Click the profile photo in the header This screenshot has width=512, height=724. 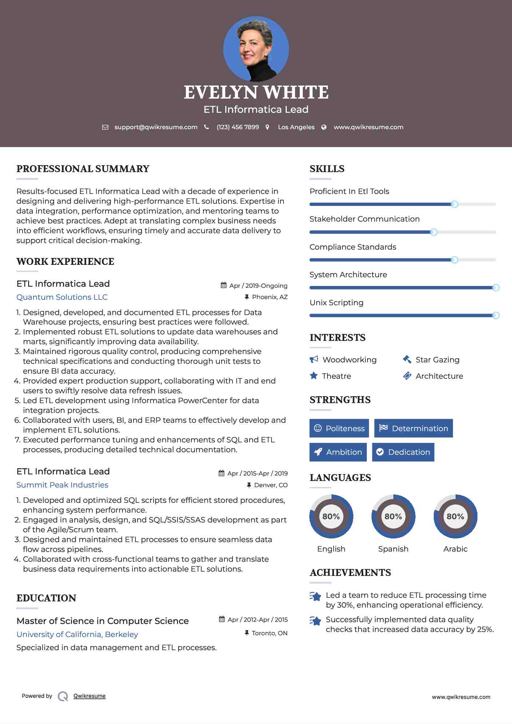click(x=256, y=49)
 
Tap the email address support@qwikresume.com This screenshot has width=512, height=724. click(x=156, y=127)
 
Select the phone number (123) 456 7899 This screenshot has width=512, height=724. click(x=238, y=127)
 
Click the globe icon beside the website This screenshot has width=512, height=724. click(x=324, y=127)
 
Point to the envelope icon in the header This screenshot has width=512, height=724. click(x=105, y=127)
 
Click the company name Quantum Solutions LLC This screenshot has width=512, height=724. click(x=62, y=297)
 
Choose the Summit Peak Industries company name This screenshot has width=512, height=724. click(x=62, y=485)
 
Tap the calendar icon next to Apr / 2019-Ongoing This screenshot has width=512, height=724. click(x=223, y=285)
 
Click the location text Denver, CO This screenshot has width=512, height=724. click(x=271, y=485)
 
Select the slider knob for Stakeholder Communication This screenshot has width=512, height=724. click(x=434, y=232)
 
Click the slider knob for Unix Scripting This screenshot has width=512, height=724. click(x=496, y=315)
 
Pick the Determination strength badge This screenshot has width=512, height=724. click(x=413, y=428)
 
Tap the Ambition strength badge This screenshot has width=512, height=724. click(x=338, y=452)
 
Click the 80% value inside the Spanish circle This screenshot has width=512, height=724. click(x=393, y=516)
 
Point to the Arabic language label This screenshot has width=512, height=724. click(x=455, y=549)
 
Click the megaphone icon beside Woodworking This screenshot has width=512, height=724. click(x=314, y=359)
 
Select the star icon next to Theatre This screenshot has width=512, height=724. click(x=314, y=375)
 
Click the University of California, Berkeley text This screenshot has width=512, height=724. click(x=77, y=634)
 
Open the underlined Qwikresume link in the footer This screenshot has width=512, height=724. click(x=90, y=696)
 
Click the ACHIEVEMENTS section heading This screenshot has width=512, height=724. click(x=350, y=572)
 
